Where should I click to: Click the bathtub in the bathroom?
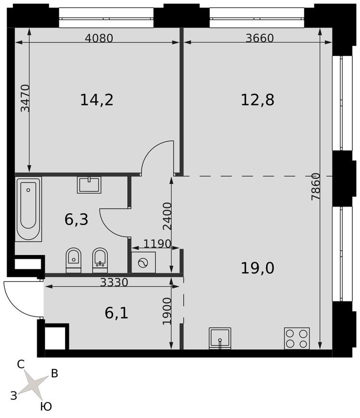[28, 209]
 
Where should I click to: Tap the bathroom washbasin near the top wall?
[89, 184]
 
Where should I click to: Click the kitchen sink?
[220, 338]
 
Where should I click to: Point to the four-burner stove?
[297, 338]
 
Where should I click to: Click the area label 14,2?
[96, 100]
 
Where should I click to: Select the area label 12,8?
[257, 100]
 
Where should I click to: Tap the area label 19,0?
[257, 268]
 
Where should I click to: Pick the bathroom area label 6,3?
[76, 220]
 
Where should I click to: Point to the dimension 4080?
[99, 38]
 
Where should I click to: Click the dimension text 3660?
[260, 38]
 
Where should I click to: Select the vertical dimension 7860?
[316, 186]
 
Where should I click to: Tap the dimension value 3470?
[25, 98]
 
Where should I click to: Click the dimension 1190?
[157, 244]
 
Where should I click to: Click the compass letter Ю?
[46, 407]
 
